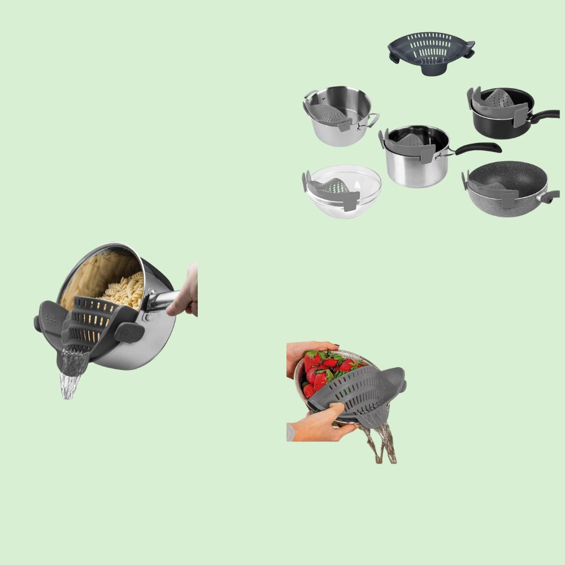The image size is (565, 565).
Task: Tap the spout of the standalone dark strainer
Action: click(x=431, y=69)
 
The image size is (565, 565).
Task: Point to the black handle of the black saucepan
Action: click(x=544, y=116)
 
